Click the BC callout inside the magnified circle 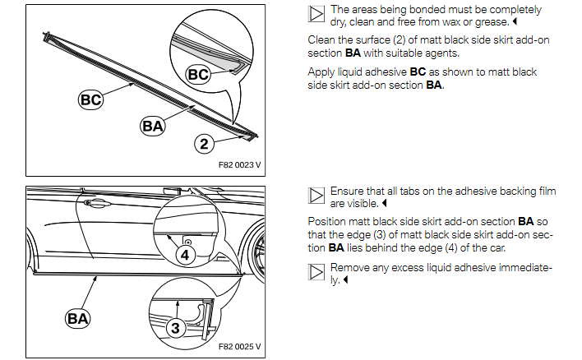(x=198, y=74)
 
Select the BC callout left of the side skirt (x=91, y=99)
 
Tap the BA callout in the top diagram (x=153, y=126)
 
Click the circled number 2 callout (x=204, y=144)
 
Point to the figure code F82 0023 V (x=239, y=164)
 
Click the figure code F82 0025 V (x=239, y=347)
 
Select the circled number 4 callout (x=185, y=255)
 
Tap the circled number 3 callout (x=175, y=328)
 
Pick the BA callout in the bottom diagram (x=77, y=318)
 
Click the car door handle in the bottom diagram (x=95, y=203)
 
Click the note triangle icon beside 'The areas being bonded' (x=316, y=14)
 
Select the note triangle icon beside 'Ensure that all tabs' (x=316, y=196)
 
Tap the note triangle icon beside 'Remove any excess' (x=316, y=272)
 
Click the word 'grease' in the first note (x=492, y=22)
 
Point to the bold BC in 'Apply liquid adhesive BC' (x=418, y=72)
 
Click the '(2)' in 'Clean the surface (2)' (x=399, y=40)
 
